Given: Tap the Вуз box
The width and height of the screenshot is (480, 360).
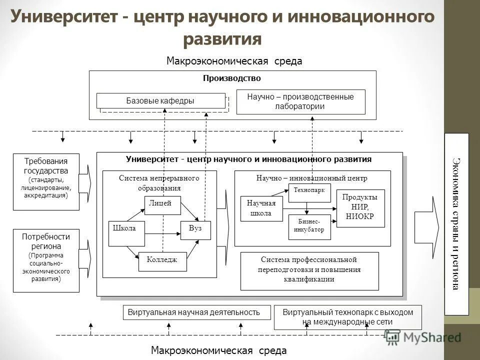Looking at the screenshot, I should pyautogui.click(x=195, y=229).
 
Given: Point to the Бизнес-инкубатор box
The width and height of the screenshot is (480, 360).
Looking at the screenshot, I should pyautogui.click(x=309, y=226).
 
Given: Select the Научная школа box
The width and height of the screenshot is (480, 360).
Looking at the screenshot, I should pyautogui.click(x=261, y=208).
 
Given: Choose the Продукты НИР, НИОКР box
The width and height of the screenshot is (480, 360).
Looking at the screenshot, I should pyautogui.click(x=360, y=208).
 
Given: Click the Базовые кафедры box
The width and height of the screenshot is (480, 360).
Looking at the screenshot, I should pyautogui.click(x=160, y=101).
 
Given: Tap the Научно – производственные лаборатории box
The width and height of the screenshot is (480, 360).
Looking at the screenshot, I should pyautogui.click(x=300, y=102).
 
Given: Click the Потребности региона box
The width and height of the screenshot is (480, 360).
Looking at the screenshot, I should pyautogui.click(x=46, y=260).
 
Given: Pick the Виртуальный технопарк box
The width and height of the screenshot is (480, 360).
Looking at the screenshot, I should pyautogui.click(x=348, y=317).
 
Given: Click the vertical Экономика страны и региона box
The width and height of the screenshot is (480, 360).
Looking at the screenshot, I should pyautogui.click(x=456, y=224).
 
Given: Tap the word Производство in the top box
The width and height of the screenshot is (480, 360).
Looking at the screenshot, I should pyautogui.click(x=232, y=78).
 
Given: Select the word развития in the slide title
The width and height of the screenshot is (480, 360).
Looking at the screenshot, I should pyautogui.click(x=222, y=38).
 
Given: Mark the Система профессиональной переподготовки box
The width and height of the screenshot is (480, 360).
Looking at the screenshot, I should pyautogui.click(x=309, y=271).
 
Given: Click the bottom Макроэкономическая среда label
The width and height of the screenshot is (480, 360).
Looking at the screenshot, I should pyautogui.click(x=219, y=350).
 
